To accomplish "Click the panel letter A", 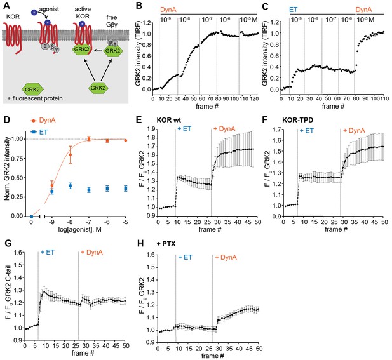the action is coord(7,5).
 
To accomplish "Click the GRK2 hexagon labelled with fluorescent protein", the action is coord(32,89).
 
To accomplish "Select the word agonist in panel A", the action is coord(49,10).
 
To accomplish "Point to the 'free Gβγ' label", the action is coord(111,21).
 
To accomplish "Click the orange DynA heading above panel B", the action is coord(168,10).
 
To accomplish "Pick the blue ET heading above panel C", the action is coord(294,10).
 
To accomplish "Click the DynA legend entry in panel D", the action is coord(43,121).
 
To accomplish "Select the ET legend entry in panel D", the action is coord(39,131).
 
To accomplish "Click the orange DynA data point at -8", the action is coord(71,155).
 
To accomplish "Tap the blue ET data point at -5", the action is coord(126,189).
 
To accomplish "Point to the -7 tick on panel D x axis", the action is coord(88,222).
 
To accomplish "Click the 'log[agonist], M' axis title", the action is coord(80,229).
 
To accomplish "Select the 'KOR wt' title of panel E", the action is coord(169,120).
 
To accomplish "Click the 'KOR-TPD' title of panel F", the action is coord(297,120).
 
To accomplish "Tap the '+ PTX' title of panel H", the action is coord(166,243).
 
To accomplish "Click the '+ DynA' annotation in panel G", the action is coord(91,252).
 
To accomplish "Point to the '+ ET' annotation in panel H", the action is coord(185,257).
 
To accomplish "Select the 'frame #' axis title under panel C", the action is coord(333,106).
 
